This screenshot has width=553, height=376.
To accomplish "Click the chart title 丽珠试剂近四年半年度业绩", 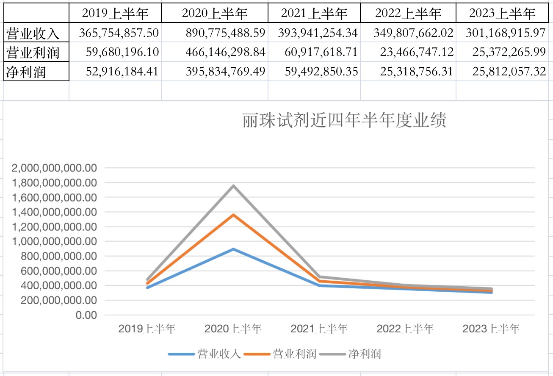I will point(344,121).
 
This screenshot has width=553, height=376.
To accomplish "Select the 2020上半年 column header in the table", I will point(215,14).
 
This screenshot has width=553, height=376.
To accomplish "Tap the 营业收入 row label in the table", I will point(33,33).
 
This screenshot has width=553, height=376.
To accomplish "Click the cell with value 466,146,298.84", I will point(225,53).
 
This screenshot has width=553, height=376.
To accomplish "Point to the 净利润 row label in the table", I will point(26,72).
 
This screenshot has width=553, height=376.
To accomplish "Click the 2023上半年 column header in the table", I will point(502,14).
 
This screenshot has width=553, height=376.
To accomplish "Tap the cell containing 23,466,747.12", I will point(413,53).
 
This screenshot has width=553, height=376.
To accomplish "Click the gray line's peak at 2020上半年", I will point(233,185).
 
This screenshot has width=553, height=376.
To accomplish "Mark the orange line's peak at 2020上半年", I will point(233,215).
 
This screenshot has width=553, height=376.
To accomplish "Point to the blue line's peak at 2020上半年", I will point(233,249).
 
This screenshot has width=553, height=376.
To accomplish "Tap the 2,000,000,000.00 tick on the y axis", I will point(55,168).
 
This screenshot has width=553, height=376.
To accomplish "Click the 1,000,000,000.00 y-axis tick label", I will point(55,242).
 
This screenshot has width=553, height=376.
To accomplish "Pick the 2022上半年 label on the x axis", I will point(405,329).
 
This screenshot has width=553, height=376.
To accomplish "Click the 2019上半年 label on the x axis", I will point(147,329).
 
